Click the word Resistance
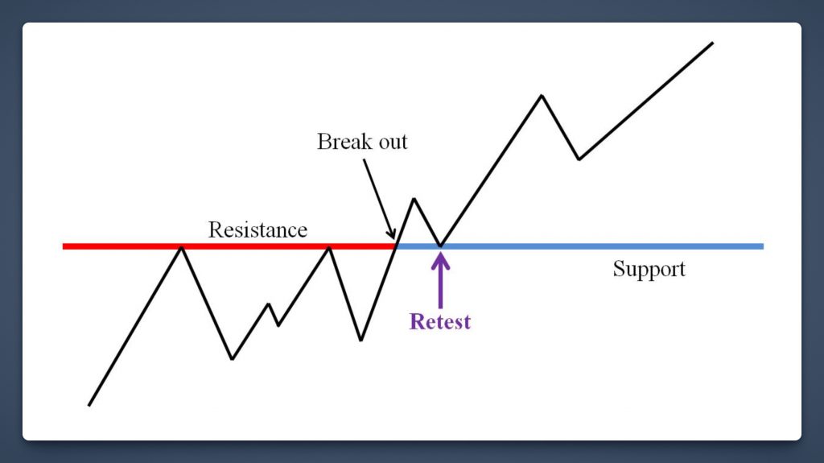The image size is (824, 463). point(257,230)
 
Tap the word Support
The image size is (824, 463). point(649,270)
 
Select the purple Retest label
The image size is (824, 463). point(440,321)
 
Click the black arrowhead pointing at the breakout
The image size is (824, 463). point(391,234)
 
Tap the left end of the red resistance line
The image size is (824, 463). point(63,246)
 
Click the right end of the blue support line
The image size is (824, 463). point(763,246)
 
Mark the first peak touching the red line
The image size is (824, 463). point(182,246)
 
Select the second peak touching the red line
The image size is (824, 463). point(329,246)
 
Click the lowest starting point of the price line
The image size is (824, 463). point(89,405)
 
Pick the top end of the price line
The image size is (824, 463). point(713,43)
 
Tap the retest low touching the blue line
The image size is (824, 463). point(440,246)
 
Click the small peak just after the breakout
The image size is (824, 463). point(414,199)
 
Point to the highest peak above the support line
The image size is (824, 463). point(542,95)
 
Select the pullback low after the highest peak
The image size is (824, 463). point(579,159)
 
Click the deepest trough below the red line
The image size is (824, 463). point(233,359)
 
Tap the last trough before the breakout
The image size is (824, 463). point(361,340)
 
